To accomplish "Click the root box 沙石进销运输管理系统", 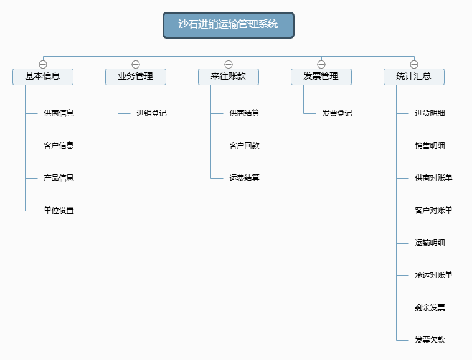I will point(229,26).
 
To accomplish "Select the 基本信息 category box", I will point(43,77).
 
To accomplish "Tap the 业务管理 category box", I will point(136,77).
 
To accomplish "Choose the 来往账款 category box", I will point(229,77).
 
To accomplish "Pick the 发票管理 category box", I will point(321,77).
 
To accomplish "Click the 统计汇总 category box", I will point(414,77).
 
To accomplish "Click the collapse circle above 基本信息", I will point(43,64).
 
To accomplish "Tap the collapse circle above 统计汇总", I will point(414,64).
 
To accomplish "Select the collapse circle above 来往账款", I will point(229,64).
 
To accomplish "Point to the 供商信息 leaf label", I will point(59,113).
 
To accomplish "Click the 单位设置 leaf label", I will point(59,211).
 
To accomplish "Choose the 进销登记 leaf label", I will point(151,113).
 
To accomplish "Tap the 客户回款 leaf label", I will point(244,146).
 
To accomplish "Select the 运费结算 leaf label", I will point(244,178).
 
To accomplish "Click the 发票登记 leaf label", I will point(337,113).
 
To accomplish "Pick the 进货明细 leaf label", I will point(430,113).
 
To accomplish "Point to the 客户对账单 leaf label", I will point(433,211).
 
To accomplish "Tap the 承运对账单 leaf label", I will point(433,275).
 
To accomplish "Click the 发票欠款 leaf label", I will point(430,340).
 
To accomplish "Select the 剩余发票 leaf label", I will point(430,308).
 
